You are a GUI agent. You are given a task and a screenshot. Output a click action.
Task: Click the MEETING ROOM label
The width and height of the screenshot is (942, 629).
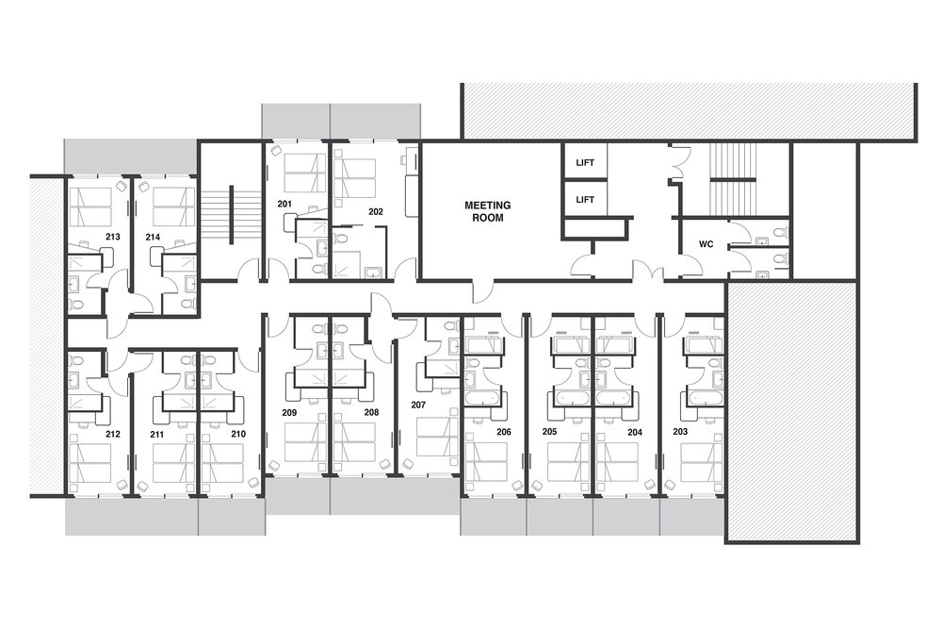point(487,211)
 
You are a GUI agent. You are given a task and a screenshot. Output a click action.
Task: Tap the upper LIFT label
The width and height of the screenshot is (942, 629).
point(585,162)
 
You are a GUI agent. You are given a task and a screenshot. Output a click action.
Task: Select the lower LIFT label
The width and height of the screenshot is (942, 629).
point(585,200)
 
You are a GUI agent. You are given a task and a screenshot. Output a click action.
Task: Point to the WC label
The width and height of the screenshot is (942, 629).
point(706,244)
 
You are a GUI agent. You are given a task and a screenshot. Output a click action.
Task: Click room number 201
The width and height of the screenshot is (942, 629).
point(284,204)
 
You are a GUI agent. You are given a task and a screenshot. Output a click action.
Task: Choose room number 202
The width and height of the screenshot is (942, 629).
point(376,211)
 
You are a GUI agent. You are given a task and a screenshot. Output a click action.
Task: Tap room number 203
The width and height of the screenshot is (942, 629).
point(680,431)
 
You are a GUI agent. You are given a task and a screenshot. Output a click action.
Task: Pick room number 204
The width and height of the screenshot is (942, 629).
point(634,432)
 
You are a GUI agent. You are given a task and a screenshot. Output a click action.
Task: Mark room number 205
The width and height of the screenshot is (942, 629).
point(549,431)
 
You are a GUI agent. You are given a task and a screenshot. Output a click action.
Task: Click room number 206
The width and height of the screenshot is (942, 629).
point(503,432)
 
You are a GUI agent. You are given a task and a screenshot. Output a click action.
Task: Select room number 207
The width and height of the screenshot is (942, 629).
point(418,405)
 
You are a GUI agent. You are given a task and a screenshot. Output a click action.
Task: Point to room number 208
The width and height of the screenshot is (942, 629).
point(371,412)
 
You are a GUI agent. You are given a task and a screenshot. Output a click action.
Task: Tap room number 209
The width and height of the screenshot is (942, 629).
point(289,412)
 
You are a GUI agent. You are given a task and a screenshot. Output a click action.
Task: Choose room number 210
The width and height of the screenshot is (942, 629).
point(238,434)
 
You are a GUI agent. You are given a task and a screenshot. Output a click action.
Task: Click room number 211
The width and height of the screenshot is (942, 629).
point(156,434)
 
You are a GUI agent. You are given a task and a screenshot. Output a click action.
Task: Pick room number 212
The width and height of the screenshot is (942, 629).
point(112,434)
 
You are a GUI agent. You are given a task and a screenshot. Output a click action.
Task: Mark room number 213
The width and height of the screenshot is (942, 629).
point(112,237)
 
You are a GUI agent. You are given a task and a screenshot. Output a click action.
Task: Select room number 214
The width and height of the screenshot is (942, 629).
point(153,237)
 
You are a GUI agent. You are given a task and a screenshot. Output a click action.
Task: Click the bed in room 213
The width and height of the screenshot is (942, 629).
point(90,207)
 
